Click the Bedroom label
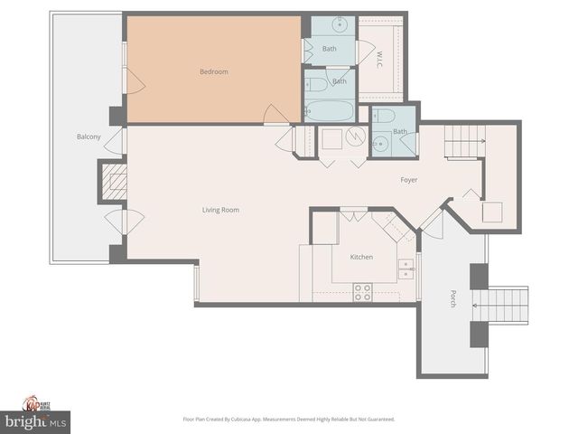coord(214,71)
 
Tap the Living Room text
coord(220,210)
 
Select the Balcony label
coord(89,137)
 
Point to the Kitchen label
coord(361,257)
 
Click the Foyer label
coord(409,180)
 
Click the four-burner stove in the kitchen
coord(361,291)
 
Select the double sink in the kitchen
coord(406,266)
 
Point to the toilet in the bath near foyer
coord(381,116)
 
